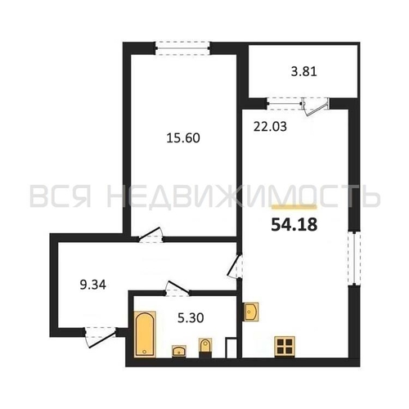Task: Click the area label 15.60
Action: [183, 138]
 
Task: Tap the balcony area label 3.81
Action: [303, 72]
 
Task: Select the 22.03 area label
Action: [270, 127]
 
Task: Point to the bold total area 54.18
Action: [294, 225]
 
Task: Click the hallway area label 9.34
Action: [93, 285]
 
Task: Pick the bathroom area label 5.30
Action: [191, 318]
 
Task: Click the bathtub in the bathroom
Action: [145, 334]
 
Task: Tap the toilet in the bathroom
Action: [205, 348]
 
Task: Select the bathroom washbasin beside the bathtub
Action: [179, 351]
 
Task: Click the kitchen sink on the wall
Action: [250, 312]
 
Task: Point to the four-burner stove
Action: [285, 346]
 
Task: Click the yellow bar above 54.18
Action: [294, 207]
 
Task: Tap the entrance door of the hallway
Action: [101, 337]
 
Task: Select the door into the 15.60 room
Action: [151, 235]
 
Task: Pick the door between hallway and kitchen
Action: [235, 267]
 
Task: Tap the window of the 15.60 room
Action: [183, 48]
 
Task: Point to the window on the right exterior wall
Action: [354, 258]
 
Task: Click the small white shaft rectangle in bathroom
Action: [231, 348]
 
